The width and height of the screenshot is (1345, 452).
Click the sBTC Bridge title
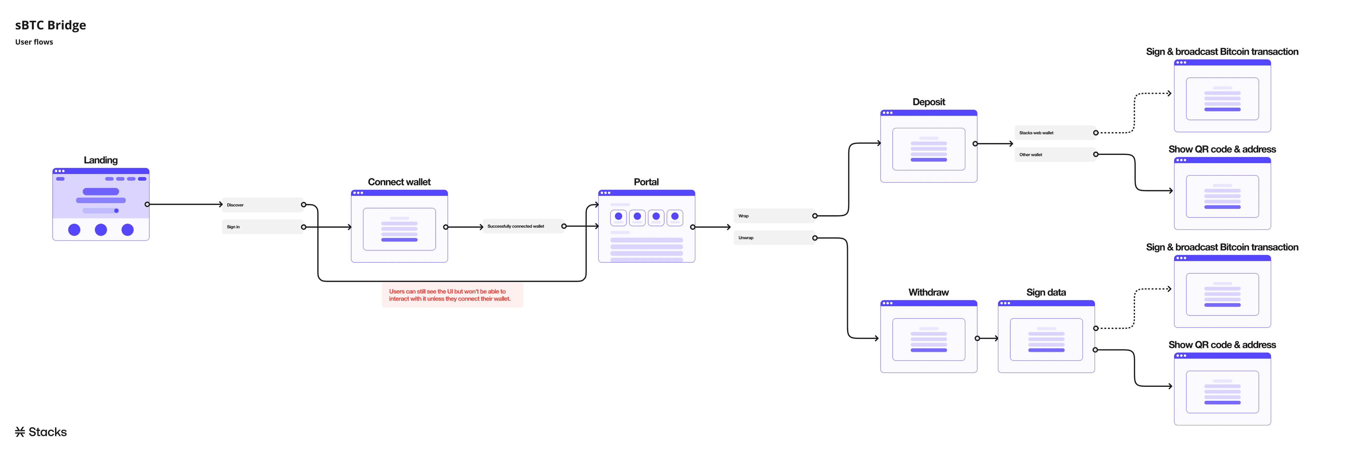tap(51, 25)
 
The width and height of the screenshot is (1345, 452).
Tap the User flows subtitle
tap(34, 42)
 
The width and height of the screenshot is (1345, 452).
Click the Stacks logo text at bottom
tap(42, 432)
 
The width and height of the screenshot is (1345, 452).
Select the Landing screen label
tap(101, 160)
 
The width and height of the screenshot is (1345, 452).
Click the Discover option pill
tap(261, 205)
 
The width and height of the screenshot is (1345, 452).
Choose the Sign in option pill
tap(261, 227)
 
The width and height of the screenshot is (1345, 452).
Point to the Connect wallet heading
tap(399, 182)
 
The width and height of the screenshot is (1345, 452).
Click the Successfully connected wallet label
tap(516, 226)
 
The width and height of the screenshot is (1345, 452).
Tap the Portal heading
tap(646, 182)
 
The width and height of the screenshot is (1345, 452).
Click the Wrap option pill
tap(773, 216)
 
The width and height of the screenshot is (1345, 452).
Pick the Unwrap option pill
tap(773, 238)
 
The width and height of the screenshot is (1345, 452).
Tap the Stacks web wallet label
tap(1036, 133)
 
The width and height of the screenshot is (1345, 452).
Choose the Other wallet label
tap(1031, 155)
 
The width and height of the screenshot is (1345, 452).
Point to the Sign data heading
tap(1046, 292)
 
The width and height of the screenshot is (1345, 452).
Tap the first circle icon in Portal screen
tap(618, 216)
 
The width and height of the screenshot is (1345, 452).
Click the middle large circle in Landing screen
tap(101, 230)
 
